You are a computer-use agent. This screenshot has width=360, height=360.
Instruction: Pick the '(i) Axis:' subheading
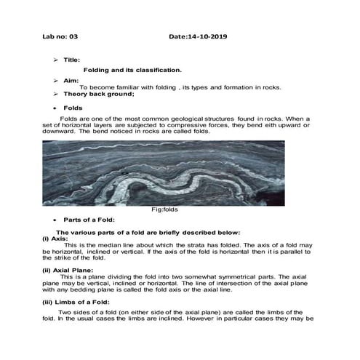click(x=55, y=238)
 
